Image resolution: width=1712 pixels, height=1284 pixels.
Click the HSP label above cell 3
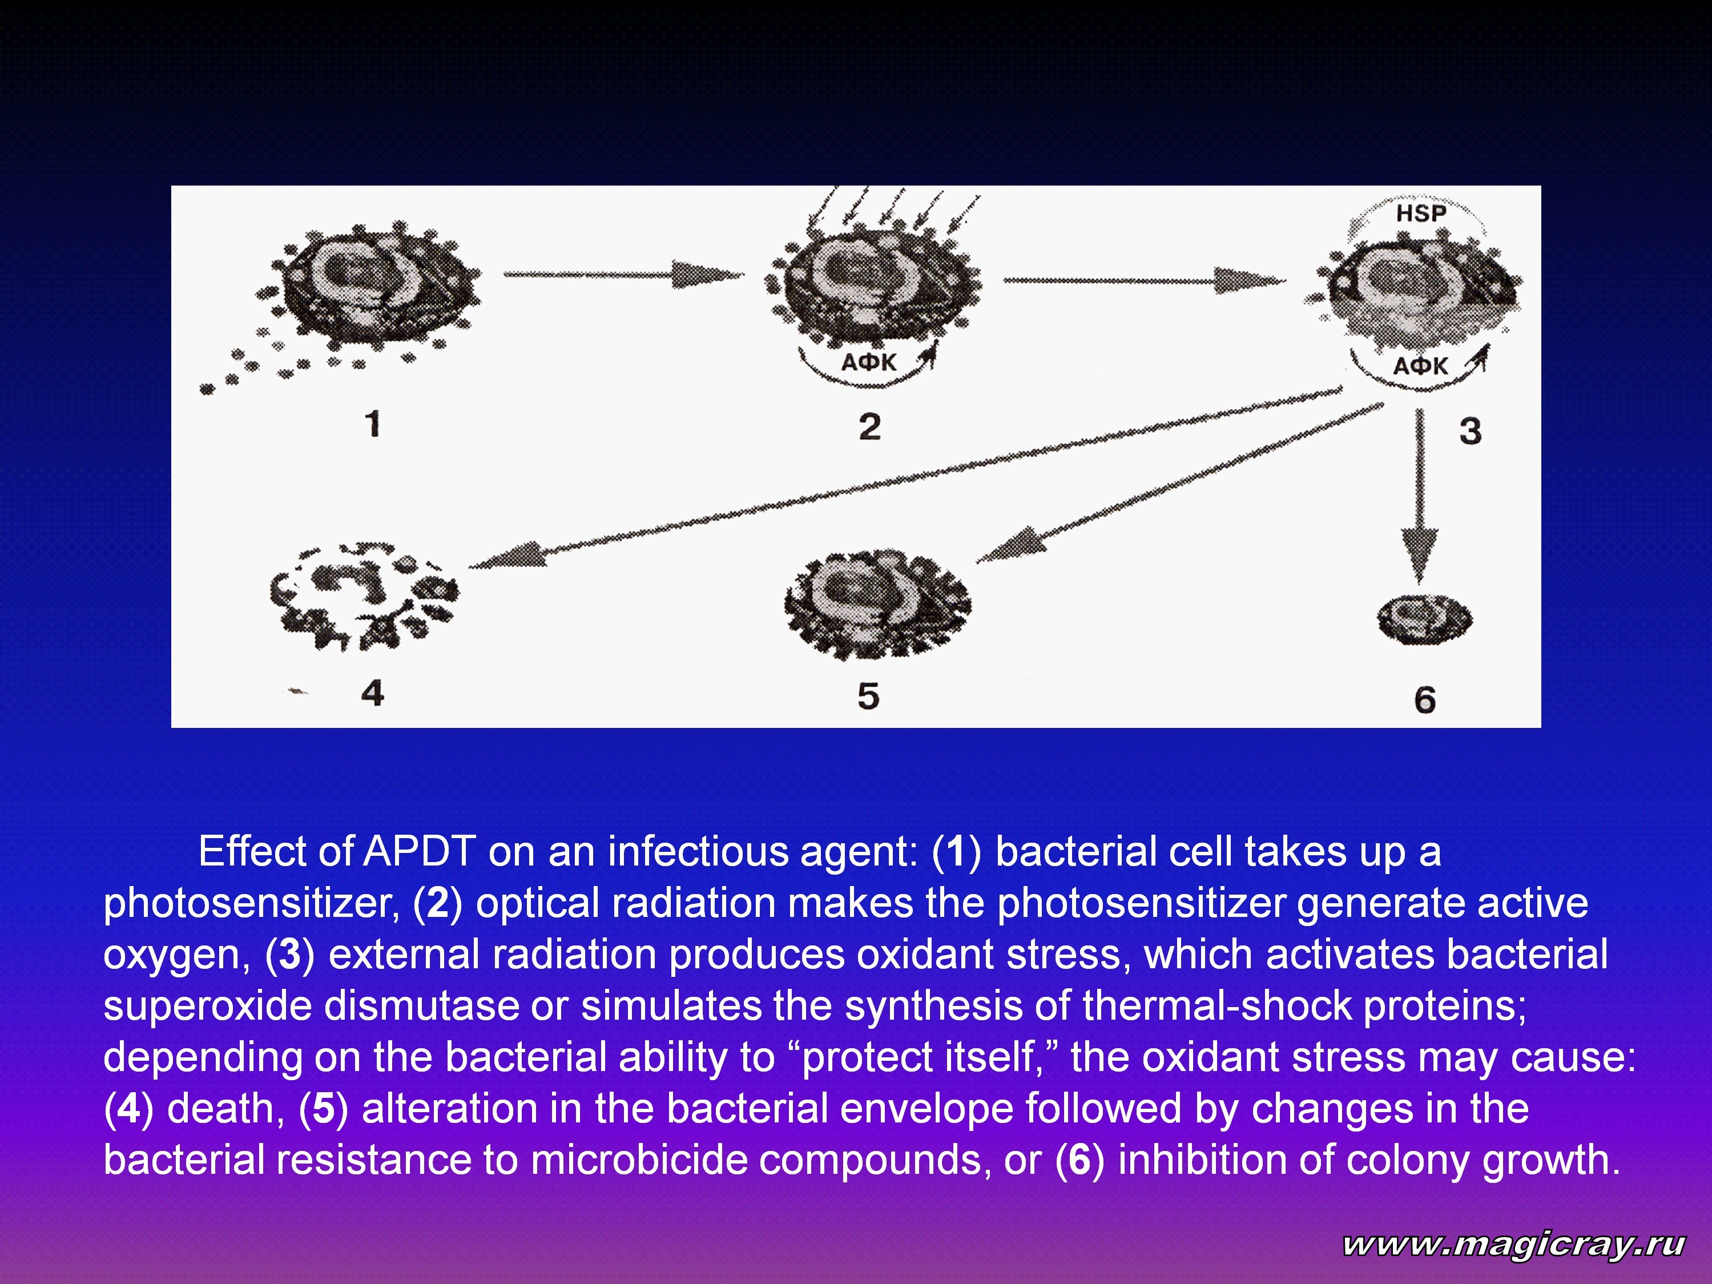pyautogui.click(x=1421, y=213)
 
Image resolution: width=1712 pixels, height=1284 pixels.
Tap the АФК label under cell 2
pyautogui.click(x=868, y=362)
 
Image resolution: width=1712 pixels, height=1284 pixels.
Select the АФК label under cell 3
pyautogui.click(x=1420, y=366)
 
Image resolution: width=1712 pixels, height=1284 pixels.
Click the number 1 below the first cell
pyautogui.click(x=373, y=424)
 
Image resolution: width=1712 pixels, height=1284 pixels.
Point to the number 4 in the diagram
pyautogui.click(x=372, y=692)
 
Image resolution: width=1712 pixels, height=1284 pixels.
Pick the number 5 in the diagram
pyautogui.click(x=868, y=696)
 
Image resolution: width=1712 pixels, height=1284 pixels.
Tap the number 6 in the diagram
pyautogui.click(x=1425, y=699)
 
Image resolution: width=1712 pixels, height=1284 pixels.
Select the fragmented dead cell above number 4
pyautogui.click(x=364, y=596)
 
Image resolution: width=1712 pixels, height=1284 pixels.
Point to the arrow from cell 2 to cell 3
pyautogui.click(x=1145, y=280)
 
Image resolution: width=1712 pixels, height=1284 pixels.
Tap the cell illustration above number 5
pyautogui.click(x=877, y=605)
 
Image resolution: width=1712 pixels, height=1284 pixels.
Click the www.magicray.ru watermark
pyautogui.click(x=1514, y=1244)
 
